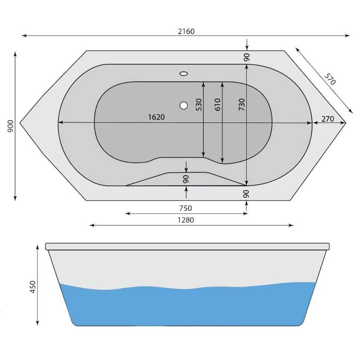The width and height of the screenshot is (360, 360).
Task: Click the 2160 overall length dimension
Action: (186, 32)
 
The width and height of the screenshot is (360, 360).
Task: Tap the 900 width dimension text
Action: (11, 127)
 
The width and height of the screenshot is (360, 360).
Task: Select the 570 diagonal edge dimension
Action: (330, 79)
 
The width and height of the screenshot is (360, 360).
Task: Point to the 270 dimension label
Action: (328, 119)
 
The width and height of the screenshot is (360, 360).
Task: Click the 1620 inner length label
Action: (156, 117)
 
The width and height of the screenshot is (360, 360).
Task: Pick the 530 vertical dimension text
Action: (199, 105)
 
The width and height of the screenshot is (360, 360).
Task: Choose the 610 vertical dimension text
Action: (217, 105)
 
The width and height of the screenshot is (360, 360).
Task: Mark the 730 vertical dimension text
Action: (241, 105)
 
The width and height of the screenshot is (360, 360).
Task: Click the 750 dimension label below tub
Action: (186, 208)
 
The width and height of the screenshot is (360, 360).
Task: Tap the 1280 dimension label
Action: (186, 220)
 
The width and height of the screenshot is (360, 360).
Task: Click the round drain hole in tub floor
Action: (183, 105)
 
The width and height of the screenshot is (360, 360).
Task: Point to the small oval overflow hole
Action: (184, 73)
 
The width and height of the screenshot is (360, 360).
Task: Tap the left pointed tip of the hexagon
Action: (20, 122)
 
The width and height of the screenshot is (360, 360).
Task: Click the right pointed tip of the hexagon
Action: (346, 122)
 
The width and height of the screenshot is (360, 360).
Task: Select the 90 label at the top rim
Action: (247, 57)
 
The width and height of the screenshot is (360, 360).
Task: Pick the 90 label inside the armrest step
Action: (186, 179)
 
